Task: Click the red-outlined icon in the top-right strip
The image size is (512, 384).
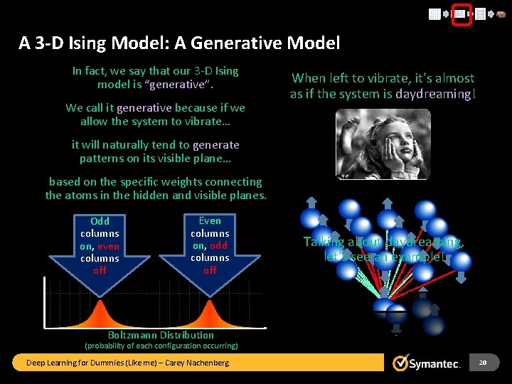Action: click(462, 14)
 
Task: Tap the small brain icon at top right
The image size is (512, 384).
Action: click(501, 14)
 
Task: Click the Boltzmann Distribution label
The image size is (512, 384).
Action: click(161, 335)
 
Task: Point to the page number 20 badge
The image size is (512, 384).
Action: click(483, 363)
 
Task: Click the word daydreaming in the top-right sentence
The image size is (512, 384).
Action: click(435, 94)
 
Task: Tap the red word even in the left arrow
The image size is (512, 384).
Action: click(109, 246)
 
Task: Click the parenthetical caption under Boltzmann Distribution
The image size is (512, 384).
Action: click(161, 346)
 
